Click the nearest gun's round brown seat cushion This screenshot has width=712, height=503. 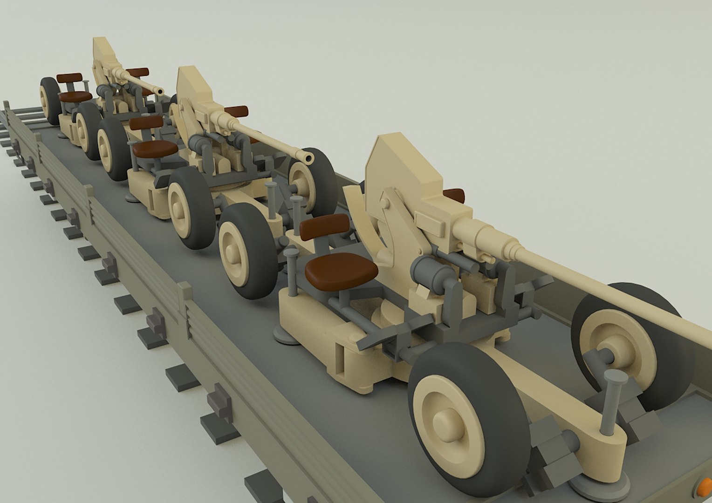[341, 271]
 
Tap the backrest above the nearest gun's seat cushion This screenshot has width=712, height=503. [325, 227]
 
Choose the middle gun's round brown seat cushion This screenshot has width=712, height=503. [155, 149]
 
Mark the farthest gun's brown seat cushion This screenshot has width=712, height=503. [75, 97]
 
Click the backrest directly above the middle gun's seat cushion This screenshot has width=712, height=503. [146, 122]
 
